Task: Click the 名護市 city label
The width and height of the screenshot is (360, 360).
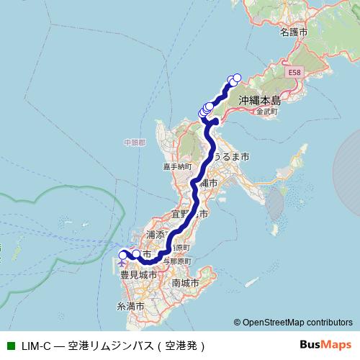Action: click(294, 33)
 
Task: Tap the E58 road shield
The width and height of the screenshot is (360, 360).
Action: click(294, 73)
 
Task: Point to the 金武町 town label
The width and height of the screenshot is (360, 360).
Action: click(266, 112)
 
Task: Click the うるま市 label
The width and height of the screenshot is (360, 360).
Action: click(230, 156)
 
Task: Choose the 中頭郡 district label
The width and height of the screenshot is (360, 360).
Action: click(134, 143)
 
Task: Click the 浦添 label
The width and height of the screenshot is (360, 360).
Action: click(156, 235)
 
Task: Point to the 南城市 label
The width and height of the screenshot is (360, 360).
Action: click(186, 283)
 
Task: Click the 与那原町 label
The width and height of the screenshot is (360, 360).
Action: click(176, 260)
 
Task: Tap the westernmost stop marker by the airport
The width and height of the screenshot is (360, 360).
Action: click(122, 254)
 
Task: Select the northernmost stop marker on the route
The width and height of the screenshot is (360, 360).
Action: click(237, 78)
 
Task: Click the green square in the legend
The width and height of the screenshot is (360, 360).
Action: click(10, 346)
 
